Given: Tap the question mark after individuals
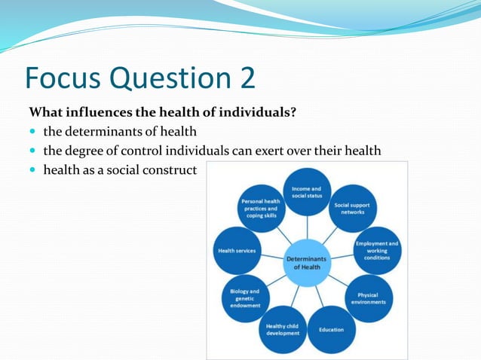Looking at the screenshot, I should (x=293, y=113).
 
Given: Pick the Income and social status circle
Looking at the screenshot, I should (x=306, y=192).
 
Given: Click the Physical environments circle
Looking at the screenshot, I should (x=367, y=298).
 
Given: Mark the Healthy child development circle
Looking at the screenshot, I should (x=282, y=328).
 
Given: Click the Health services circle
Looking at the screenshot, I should (x=237, y=251).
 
